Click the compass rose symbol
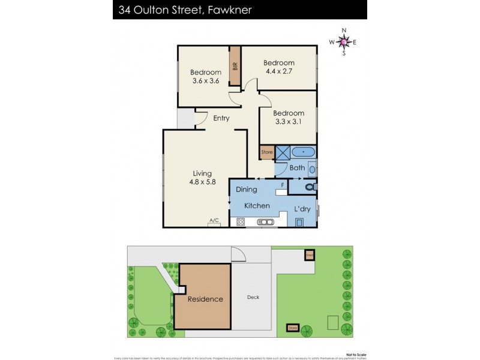click(x=343, y=41)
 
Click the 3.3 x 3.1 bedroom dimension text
click(x=288, y=122)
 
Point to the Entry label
click(x=221, y=118)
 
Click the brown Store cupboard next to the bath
click(x=267, y=152)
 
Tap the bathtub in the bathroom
click(x=304, y=152)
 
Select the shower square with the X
click(x=283, y=152)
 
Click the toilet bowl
click(x=308, y=187)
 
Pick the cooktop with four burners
click(x=241, y=222)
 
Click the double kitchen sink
click(x=265, y=222)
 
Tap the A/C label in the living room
click(x=214, y=221)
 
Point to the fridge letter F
click(x=281, y=185)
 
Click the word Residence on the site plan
click(x=205, y=299)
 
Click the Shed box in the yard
click(x=309, y=254)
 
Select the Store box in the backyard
click(x=293, y=328)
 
